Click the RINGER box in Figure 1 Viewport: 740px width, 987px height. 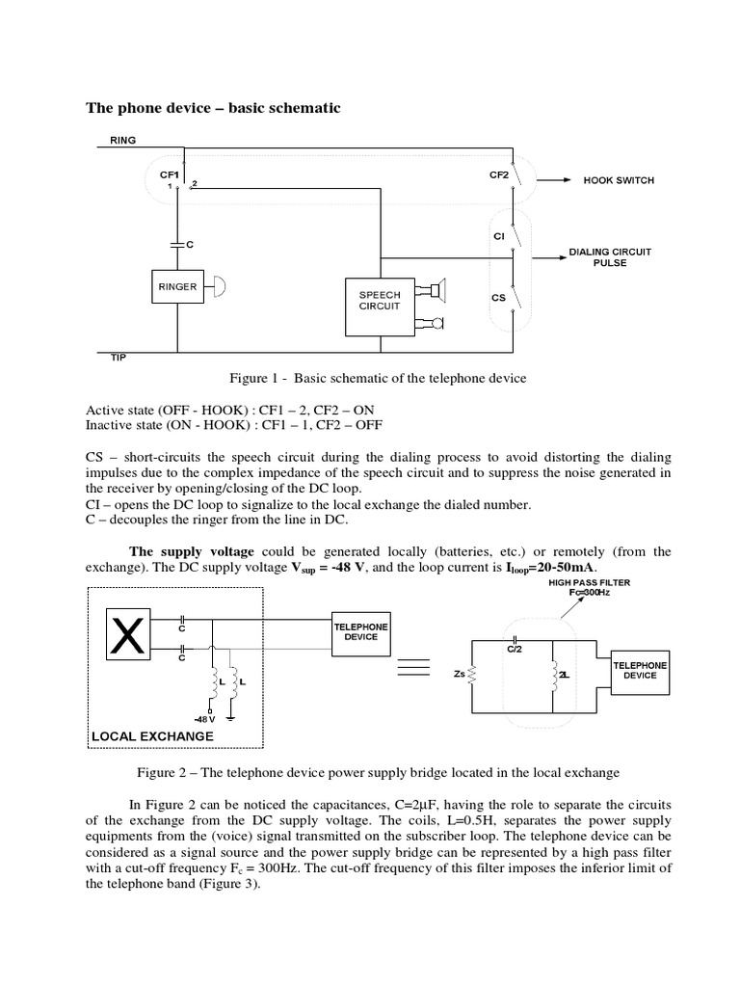coord(177,286)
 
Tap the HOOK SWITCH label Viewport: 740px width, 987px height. coord(618,180)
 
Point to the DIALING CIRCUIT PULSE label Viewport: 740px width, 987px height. coord(609,257)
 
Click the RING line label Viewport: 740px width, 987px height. coord(123,140)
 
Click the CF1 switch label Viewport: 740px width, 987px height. coord(170,174)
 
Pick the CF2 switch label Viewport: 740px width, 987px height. coord(498,174)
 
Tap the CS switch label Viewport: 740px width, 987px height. coord(498,298)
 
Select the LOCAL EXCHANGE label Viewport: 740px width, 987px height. coord(151,736)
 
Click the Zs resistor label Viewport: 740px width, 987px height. coord(459,676)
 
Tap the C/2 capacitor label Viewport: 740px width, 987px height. coord(515,650)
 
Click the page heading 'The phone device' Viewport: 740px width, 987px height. coord(214,108)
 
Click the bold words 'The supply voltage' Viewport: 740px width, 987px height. coord(192,551)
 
